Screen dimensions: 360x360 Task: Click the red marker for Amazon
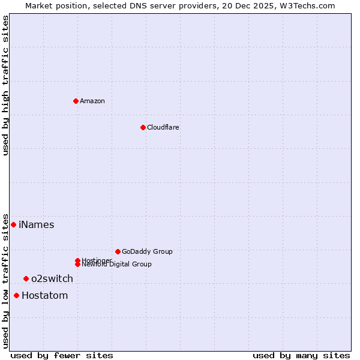click(x=76, y=101)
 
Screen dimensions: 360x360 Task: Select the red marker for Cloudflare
click(x=143, y=127)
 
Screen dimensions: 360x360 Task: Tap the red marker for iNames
click(x=13, y=224)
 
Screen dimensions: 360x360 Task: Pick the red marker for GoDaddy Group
click(x=118, y=251)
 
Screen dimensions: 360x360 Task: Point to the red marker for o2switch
click(x=26, y=278)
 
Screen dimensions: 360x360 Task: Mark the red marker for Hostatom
click(x=16, y=295)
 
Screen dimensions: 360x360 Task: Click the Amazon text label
click(x=92, y=101)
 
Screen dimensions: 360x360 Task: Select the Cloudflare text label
click(x=163, y=127)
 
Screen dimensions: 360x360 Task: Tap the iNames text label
click(x=36, y=225)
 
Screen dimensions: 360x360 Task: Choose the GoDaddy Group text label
click(x=147, y=251)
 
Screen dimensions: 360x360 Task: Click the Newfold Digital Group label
click(x=116, y=264)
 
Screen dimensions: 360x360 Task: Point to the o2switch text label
click(x=52, y=278)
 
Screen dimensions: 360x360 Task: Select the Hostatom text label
click(x=44, y=295)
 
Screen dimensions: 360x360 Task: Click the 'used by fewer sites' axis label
click(x=62, y=355)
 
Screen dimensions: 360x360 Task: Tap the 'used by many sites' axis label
click(x=301, y=355)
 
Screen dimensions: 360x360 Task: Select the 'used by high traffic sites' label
click(x=6, y=85)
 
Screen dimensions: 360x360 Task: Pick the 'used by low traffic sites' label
click(x=6, y=280)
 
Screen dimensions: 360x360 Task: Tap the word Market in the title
click(x=38, y=5)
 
